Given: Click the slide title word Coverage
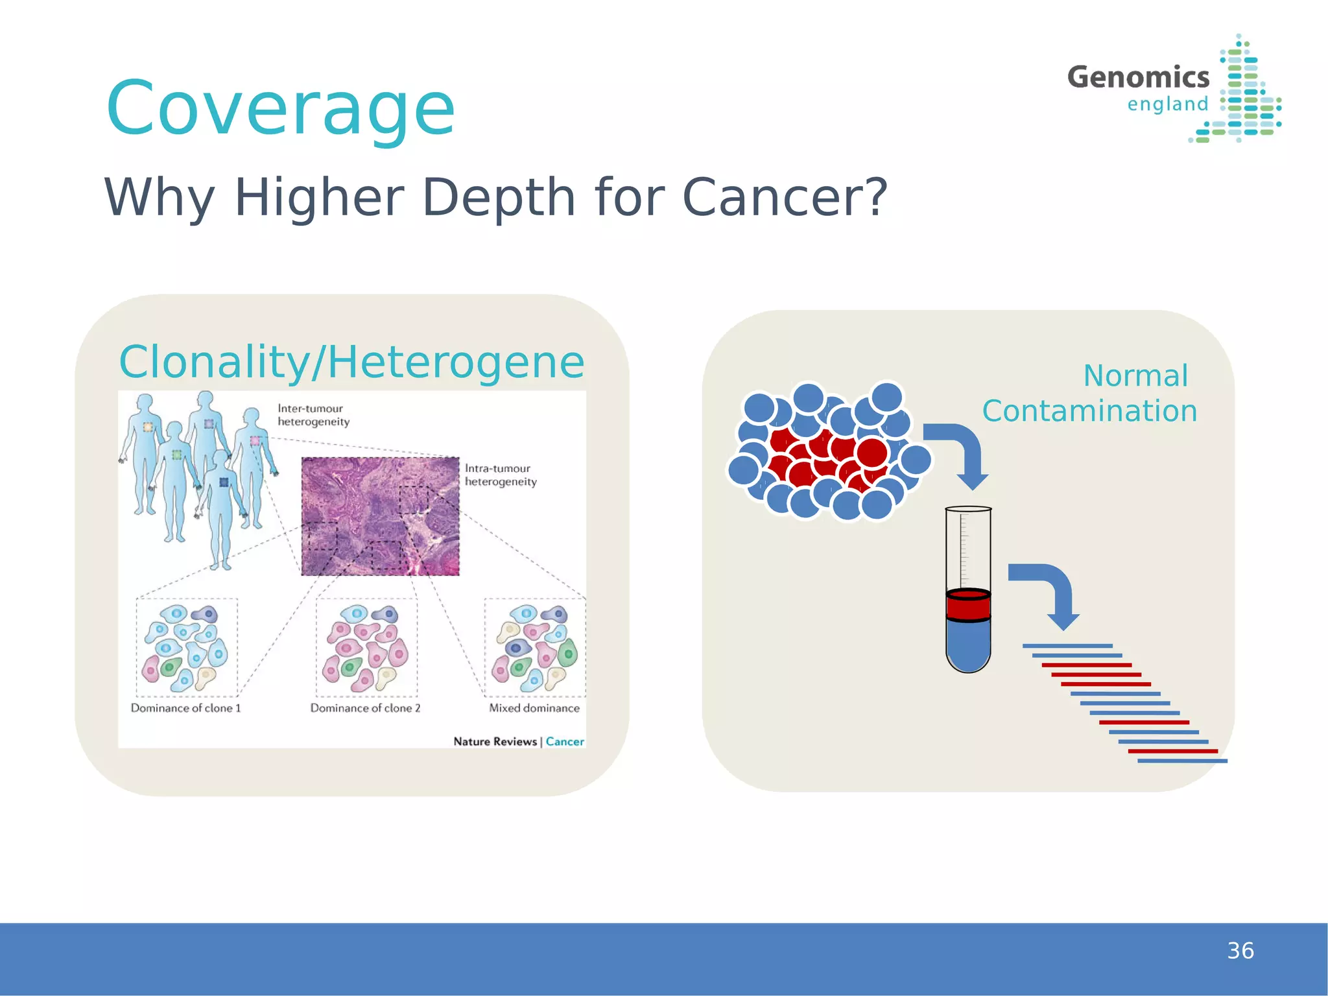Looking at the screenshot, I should pyautogui.click(x=280, y=109).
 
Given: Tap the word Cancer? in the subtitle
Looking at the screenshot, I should pyautogui.click(x=785, y=197).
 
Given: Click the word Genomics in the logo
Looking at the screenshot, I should pyautogui.click(x=1138, y=77).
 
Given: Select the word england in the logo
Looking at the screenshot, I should pyautogui.click(x=1167, y=104).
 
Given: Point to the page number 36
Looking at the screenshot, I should pyautogui.click(x=1240, y=951).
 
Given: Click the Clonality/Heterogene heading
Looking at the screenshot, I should pyautogui.click(x=351, y=362).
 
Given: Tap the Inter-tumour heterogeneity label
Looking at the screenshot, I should pyautogui.click(x=313, y=415).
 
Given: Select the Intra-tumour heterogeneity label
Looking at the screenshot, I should pyautogui.click(x=501, y=475).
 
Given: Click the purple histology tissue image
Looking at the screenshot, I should pyautogui.click(x=380, y=516).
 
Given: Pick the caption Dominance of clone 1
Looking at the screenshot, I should pyautogui.click(x=185, y=708).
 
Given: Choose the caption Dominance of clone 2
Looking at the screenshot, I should pyautogui.click(x=365, y=708).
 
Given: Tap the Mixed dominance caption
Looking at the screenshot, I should pyautogui.click(x=534, y=708).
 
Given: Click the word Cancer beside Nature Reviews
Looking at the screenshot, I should pyautogui.click(x=565, y=741).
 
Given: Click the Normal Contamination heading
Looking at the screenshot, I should pyautogui.click(x=1089, y=394).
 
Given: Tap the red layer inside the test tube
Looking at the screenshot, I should pyautogui.click(x=968, y=605).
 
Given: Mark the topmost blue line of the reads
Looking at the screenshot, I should pyautogui.click(x=1067, y=646).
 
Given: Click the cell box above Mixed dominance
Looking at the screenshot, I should pyautogui.click(x=535, y=647).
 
